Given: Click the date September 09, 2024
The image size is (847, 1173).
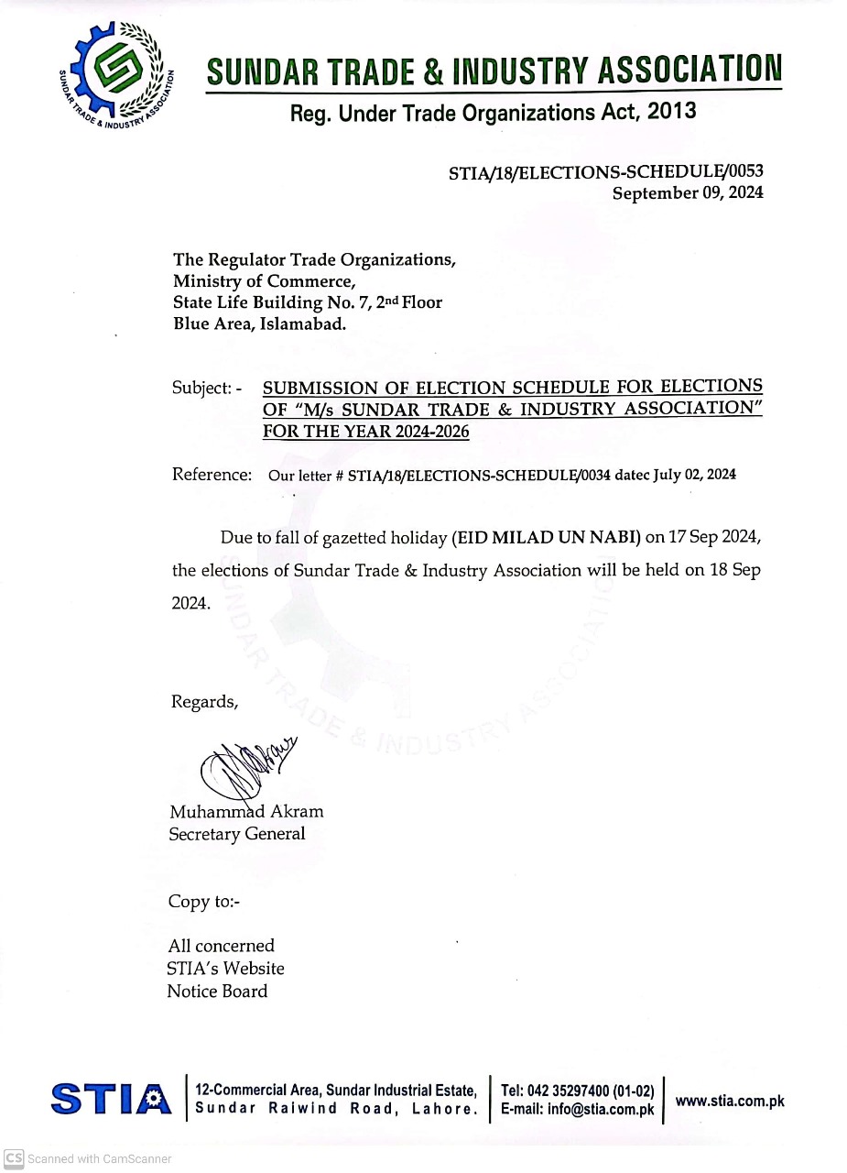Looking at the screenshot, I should click(x=687, y=193).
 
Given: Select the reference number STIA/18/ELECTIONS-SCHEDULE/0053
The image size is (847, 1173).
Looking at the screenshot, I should click(x=605, y=171).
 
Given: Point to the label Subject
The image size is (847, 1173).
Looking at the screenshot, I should click(x=201, y=388).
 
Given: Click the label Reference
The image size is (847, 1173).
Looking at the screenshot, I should click(x=212, y=475).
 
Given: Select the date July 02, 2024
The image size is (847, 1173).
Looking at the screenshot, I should click(x=694, y=475).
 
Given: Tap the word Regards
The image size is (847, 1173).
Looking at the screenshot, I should click(x=204, y=702).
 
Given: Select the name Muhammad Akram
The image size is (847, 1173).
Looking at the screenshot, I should click(x=246, y=812).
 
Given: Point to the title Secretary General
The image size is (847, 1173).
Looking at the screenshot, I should click(x=236, y=834).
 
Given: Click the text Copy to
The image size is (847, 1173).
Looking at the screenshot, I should click(x=203, y=902).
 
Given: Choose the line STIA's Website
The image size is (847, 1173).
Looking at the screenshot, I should click(x=225, y=969).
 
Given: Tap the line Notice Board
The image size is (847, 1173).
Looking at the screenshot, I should click(x=217, y=992).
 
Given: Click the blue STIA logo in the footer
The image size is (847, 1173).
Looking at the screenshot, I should click(x=111, y=1099).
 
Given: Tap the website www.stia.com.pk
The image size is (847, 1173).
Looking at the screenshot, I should click(x=729, y=1102).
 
